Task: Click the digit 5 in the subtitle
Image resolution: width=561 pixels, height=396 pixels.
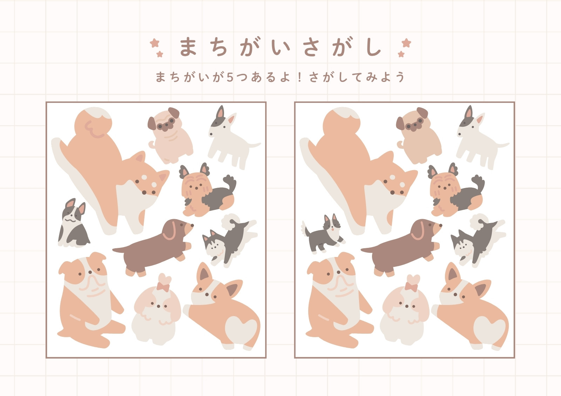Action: [x=230, y=77]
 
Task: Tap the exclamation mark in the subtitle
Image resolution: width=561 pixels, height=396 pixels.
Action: [x=300, y=77]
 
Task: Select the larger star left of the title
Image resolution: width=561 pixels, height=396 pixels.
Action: [x=155, y=43]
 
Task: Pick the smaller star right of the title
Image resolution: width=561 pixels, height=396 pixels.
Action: [x=401, y=54]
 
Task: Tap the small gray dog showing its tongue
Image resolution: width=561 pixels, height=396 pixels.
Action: [x=324, y=233]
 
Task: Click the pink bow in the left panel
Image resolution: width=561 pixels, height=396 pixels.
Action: [x=163, y=287]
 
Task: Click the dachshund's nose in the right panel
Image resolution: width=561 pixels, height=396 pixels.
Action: [x=440, y=225]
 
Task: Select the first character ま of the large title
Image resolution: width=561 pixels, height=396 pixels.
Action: [x=188, y=47]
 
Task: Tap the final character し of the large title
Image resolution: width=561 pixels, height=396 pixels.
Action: [x=373, y=47]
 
